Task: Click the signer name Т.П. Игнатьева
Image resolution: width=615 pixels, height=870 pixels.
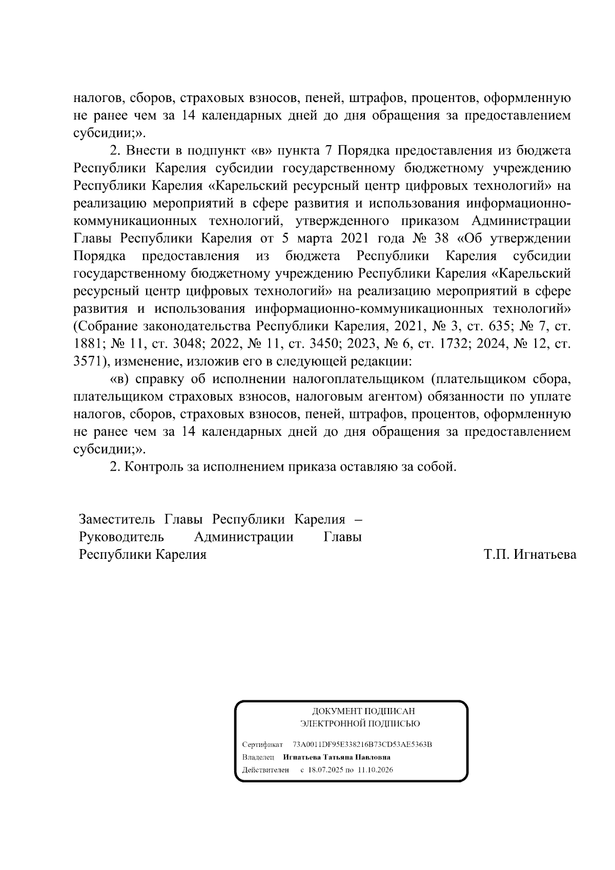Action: pos(529,554)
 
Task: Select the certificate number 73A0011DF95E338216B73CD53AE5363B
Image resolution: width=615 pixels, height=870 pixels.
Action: pos(362,744)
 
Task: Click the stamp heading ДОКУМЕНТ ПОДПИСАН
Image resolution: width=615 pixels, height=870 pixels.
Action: pos(363,711)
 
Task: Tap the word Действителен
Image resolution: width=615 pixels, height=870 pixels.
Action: pos(265,770)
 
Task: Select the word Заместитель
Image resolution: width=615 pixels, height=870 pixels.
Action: pos(117,519)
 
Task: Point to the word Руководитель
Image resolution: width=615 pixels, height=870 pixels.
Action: pos(121,537)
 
